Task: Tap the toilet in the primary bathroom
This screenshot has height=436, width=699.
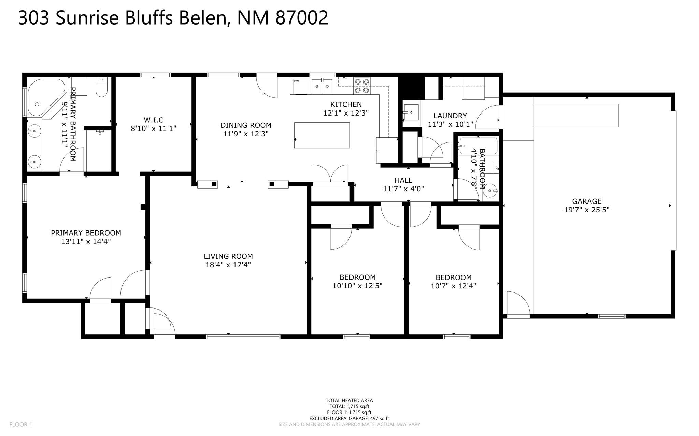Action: point(102,87)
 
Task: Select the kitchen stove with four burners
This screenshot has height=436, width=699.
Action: point(362,86)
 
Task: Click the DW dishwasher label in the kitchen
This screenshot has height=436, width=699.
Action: point(296,81)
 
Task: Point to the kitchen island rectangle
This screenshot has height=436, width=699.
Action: point(322,135)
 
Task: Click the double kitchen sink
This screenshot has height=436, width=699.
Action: point(322,86)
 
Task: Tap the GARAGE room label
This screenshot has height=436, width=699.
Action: point(587,201)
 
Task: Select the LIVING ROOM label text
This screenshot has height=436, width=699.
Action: point(228,256)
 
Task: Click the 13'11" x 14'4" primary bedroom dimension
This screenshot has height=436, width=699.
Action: point(86,242)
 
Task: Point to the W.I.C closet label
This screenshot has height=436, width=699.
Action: point(154,120)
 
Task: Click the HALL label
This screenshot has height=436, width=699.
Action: point(403,180)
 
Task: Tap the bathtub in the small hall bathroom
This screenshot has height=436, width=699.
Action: point(478,146)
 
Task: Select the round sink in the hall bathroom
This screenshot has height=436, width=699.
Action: point(490,191)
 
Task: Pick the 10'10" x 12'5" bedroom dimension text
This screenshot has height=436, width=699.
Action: point(357,286)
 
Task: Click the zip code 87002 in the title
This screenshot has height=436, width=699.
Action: point(302,18)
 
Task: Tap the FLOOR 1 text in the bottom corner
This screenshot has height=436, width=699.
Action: point(20,424)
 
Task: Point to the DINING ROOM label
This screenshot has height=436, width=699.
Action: point(246,125)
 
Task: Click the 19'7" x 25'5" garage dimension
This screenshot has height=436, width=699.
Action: point(587,210)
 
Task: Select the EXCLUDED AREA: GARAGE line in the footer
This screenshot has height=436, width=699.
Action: point(349,418)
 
